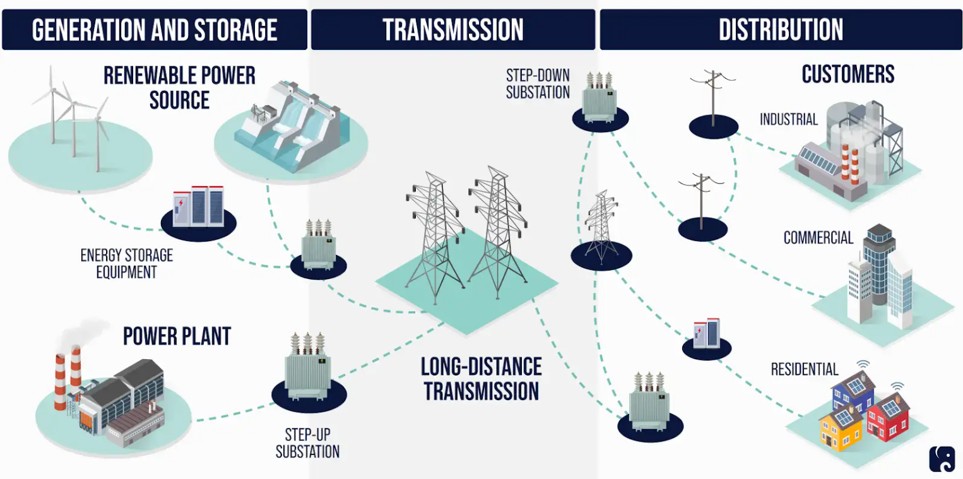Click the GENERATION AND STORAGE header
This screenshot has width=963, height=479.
[x=155, y=30]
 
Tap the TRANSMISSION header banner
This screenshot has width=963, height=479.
[x=453, y=30]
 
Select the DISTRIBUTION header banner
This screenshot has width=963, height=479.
[x=781, y=30]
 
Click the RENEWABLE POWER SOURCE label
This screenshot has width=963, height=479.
[x=179, y=88]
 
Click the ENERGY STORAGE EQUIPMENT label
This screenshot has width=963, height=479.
[x=126, y=264]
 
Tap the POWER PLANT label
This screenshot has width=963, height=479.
[x=177, y=336]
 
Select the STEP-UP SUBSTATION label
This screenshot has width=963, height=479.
[x=307, y=443]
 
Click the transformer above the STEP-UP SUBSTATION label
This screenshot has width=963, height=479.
[x=308, y=366]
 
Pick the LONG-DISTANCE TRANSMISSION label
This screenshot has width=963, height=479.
[x=481, y=379]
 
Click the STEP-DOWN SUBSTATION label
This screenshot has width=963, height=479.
[x=538, y=84]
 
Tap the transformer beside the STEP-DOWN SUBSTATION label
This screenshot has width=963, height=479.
[x=600, y=98]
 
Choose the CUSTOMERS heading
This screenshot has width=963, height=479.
[x=848, y=74]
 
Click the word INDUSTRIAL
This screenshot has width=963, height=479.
[x=788, y=119]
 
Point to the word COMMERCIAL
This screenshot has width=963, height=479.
[x=818, y=238]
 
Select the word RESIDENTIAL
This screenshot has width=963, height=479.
[x=805, y=369]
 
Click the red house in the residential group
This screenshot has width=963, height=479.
[x=888, y=417]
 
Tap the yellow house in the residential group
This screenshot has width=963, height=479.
[x=841, y=429]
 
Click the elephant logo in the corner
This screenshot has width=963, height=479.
[x=942, y=459]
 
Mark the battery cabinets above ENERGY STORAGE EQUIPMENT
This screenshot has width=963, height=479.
[x=198, y=206]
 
